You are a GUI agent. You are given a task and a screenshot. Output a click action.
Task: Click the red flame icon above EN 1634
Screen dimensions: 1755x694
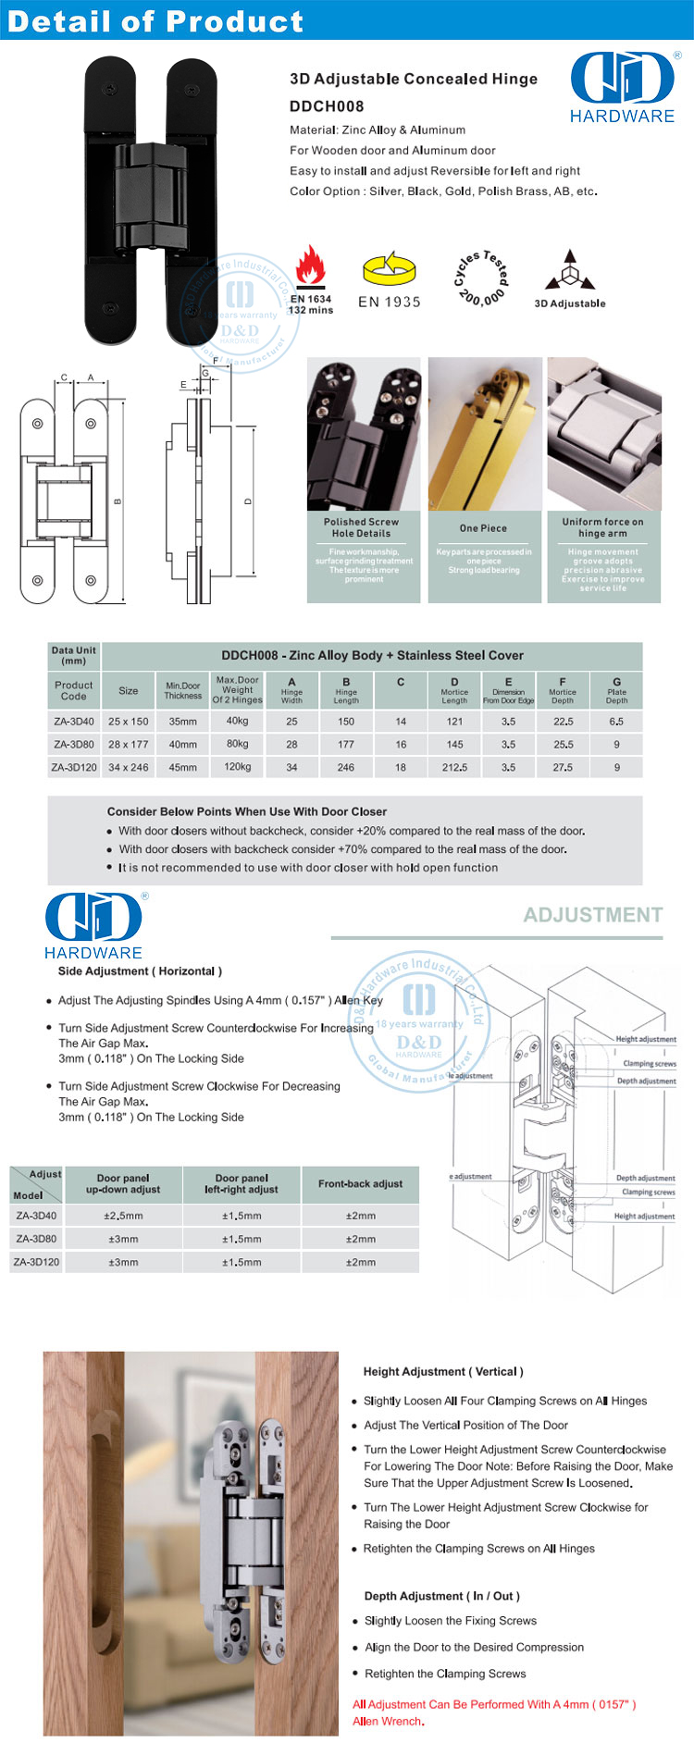click(310, 268)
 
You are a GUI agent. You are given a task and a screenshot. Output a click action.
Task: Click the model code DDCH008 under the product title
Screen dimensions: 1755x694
click(327, 106)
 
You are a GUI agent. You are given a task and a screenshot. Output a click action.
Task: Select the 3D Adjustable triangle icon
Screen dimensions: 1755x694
click(570, 270)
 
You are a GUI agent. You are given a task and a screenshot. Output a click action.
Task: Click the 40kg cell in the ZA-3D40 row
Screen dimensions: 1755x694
click(237, 721)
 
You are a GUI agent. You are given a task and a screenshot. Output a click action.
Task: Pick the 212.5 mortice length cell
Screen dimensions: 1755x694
click(454, 767)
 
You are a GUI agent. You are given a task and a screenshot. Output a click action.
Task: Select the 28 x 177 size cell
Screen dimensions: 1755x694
click(128, 744)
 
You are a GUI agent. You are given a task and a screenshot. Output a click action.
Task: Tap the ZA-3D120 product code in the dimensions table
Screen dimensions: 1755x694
click(74, 767)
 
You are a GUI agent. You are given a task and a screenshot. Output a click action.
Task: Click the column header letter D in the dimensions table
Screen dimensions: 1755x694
click(454, 682)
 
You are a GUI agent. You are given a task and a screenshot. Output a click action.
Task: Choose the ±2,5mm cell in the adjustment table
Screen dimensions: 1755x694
click(123, 1216)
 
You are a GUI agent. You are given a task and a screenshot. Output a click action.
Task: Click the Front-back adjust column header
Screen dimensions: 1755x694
click(360, 1183)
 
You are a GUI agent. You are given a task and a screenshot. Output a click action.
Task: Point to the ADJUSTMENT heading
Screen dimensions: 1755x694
click(593, 915)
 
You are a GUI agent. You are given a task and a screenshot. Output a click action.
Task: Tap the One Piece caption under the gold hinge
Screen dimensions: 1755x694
click(483, 528)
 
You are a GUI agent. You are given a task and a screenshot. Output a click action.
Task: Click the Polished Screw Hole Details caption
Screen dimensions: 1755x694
click(361, 527)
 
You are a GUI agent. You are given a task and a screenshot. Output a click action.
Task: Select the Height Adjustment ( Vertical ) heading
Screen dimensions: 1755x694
click(443, 1371)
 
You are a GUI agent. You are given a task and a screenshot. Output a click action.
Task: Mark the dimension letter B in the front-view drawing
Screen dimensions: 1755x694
click(118, 501)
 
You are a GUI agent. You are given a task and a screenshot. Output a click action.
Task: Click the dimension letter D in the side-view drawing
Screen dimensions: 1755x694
click(248, 501)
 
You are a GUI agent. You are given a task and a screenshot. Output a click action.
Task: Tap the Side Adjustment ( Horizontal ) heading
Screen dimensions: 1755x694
click(140, 971)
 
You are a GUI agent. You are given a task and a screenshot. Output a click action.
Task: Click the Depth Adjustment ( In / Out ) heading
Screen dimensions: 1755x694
click(441, 1596)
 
